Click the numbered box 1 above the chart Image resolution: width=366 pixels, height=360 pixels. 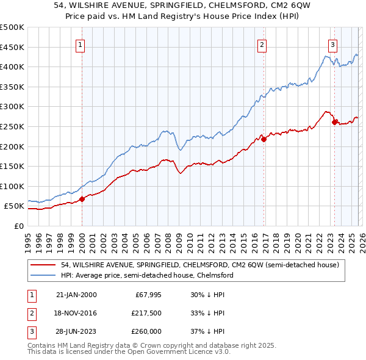pos(81,44)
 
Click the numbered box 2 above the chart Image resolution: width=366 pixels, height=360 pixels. pos(262,44)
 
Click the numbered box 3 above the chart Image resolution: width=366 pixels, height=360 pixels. pos(332,44)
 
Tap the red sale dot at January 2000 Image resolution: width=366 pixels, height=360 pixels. pos(82,199)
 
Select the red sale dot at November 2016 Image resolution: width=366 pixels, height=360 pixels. pos(264,139)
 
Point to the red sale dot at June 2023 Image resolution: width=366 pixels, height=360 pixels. pos(334,122)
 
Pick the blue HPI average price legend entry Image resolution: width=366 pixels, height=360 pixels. pos(147,275)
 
